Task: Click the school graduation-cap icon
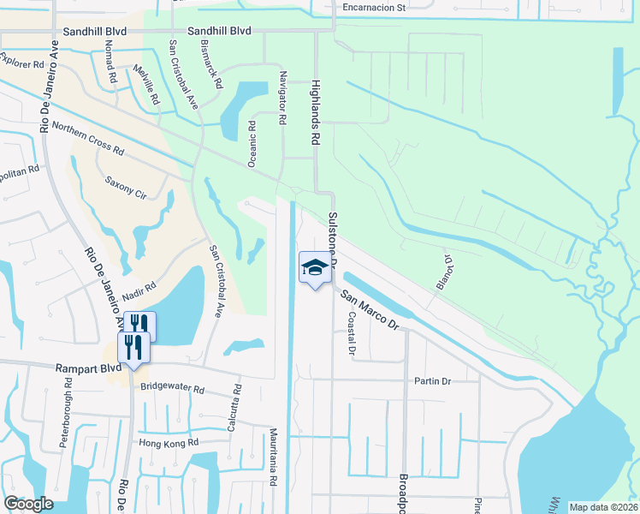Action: click(314, 268)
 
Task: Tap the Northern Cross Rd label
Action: click(87, 138)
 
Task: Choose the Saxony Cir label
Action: click(126, 188)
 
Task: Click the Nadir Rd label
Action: click(138, 291)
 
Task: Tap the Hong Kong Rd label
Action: click(169, 442)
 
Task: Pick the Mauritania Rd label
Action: click(274, 457)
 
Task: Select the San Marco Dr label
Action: click(370, 309)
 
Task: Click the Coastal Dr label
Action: click(351, 332)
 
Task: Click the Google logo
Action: click(28, 504)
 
